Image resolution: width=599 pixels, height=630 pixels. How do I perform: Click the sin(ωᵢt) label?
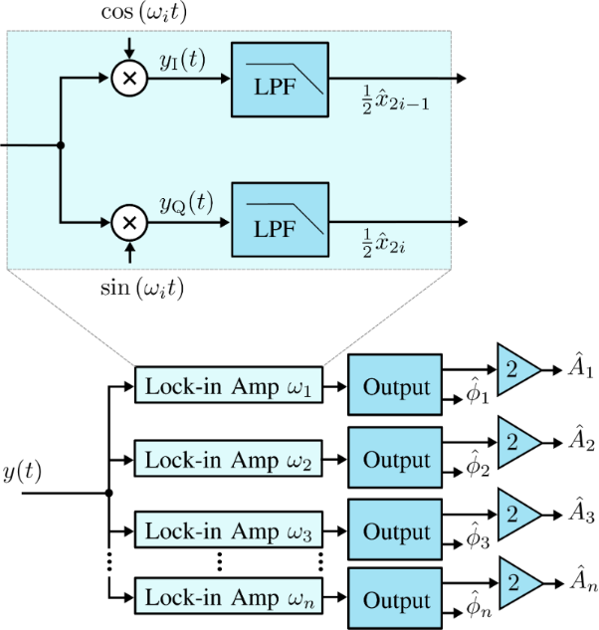click(x=127, y=290)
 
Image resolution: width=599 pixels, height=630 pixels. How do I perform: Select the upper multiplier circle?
click(x=127, y=78)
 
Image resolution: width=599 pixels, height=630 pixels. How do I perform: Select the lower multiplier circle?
click(x=127, y=221)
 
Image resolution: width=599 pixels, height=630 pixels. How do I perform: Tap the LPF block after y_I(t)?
click(x=280, y=78)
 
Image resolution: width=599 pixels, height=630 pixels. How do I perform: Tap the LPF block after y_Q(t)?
click(x=280, y=221)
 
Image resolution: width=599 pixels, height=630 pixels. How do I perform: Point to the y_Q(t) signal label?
click(x=186, y=203)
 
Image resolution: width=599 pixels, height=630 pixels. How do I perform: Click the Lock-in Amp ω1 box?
click(x=229, y=385)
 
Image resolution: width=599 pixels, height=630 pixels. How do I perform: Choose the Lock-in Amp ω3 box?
click(x=229, y=531)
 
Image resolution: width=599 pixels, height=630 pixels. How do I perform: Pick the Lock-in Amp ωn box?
click(x=229, y=599)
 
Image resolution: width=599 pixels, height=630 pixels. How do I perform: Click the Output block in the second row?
click(x=395, y=461)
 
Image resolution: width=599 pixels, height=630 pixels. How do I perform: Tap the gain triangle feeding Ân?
click(x=517, y=577)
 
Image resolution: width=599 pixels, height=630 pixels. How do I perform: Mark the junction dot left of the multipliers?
click(x=62, y=146)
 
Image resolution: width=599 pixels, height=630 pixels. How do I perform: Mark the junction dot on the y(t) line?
click(x=107, y=493)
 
